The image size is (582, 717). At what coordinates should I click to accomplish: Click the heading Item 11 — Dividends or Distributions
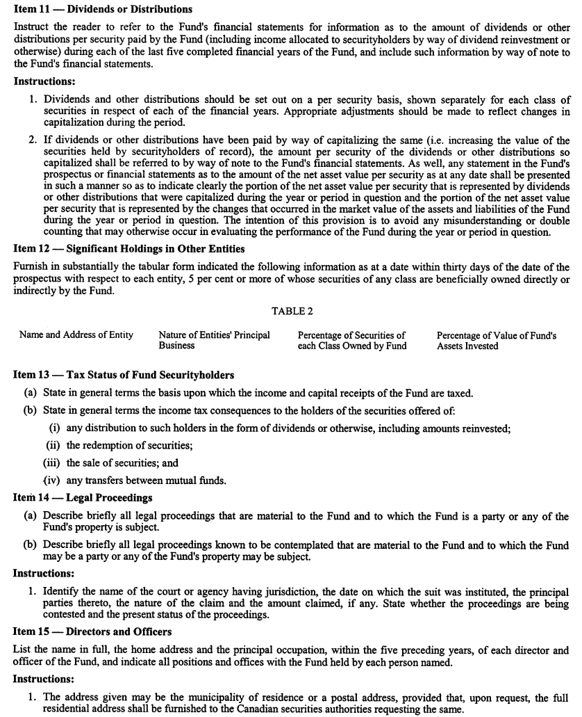tap(103, 10)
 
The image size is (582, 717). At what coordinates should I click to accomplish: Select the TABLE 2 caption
tap(291, 312)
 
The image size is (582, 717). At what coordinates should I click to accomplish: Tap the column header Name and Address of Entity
tap(76, 335)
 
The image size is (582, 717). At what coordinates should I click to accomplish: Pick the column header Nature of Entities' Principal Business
tap(214, 340)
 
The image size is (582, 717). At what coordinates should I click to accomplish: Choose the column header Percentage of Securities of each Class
tap(352, 340)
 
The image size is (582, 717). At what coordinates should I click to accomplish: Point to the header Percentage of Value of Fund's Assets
tap(496, 340)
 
